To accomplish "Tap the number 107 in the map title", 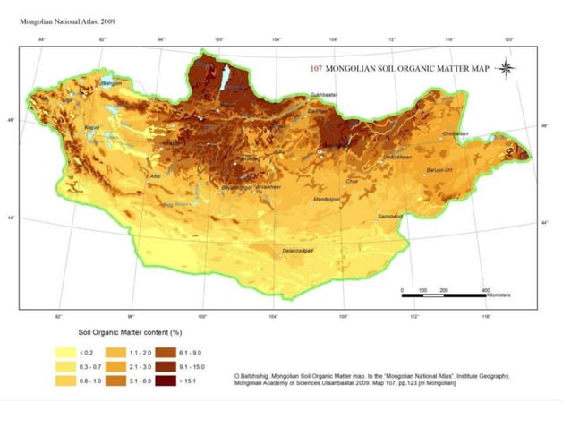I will pos(316,68).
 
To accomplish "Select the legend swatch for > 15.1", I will pos(166,381).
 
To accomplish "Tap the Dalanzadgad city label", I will pos(302,252).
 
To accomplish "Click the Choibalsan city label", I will pos(456,133).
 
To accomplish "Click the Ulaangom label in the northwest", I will pos(108,83).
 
